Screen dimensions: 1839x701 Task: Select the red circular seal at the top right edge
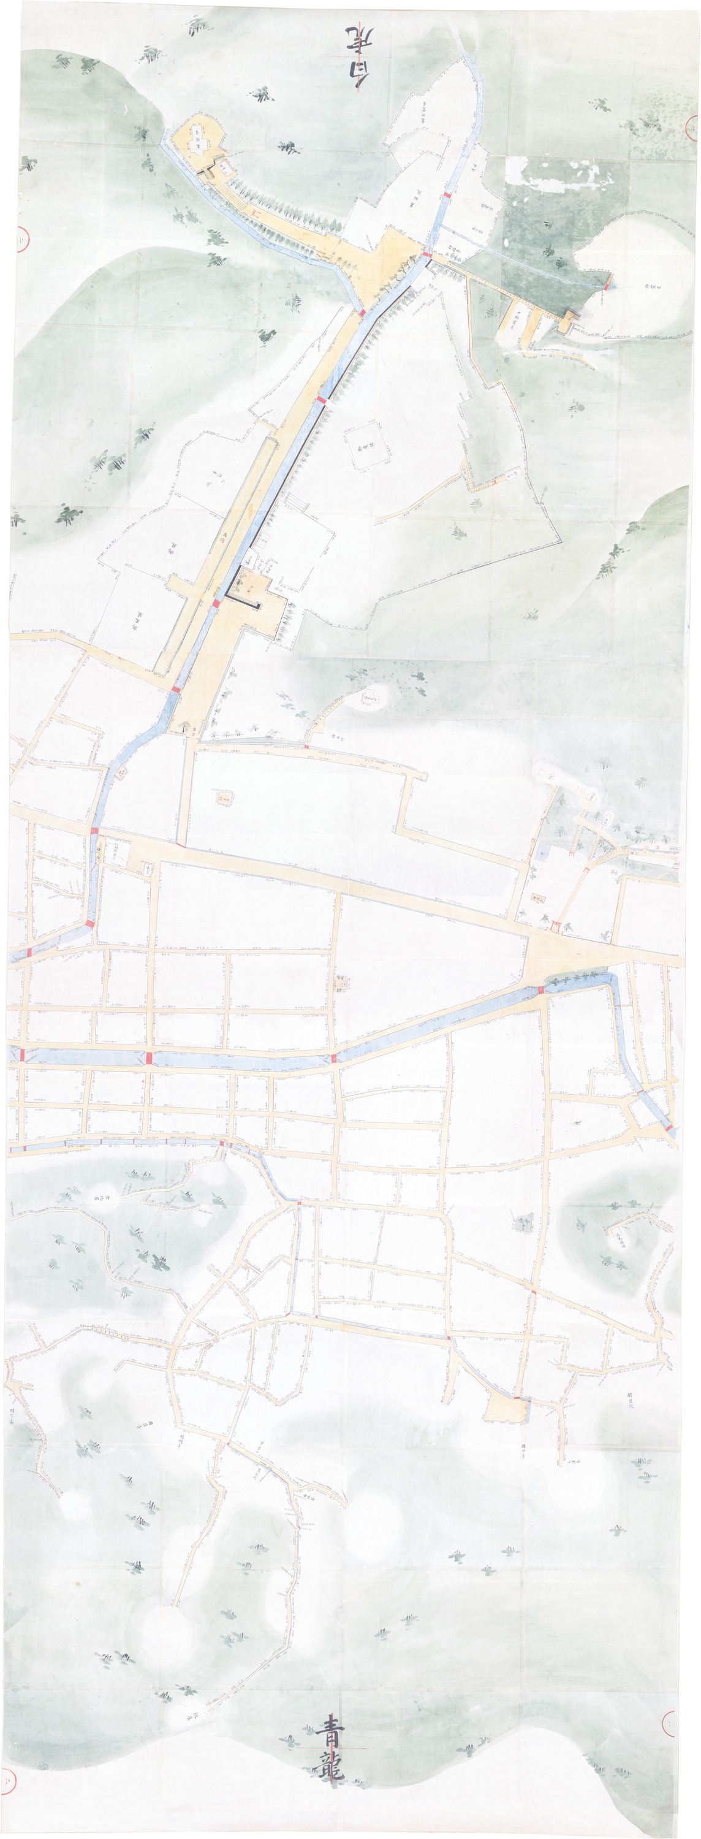(x=692, y=126)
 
